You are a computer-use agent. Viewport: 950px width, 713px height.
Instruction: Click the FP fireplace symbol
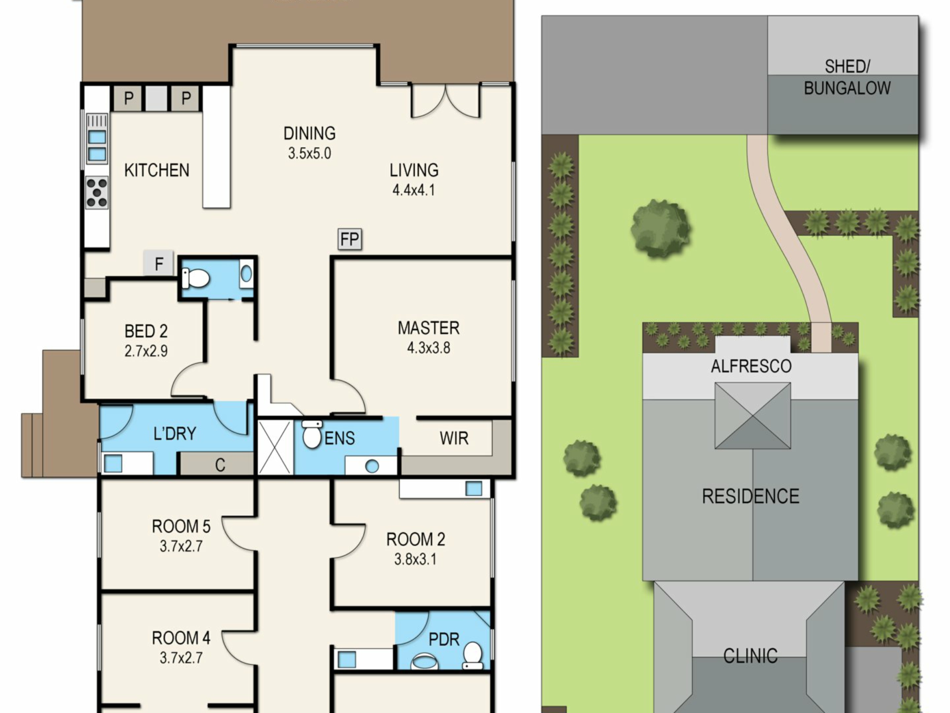[x=350, y=239]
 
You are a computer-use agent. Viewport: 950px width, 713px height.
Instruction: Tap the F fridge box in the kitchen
[x=158, y=263]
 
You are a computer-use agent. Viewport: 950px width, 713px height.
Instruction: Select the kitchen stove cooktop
[x=97, y=193]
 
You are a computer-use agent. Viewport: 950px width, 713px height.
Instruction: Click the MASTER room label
[x=428, y=328]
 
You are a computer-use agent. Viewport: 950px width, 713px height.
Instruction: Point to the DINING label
[x=309, y=133]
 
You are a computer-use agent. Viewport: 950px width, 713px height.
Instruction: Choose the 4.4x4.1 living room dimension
[x=414, y=190]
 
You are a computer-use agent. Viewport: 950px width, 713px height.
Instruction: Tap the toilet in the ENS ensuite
[x=312, y=434]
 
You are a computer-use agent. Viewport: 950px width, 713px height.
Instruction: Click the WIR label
[x=454, y=438]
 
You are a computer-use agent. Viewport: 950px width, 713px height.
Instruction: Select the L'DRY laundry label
[x=175, y=434]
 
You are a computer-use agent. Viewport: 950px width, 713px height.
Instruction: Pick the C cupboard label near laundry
[x=220, y=465]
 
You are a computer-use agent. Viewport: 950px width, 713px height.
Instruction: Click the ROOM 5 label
[x=181, y=526]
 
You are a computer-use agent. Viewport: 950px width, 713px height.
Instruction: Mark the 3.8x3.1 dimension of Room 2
[x=415, y=560]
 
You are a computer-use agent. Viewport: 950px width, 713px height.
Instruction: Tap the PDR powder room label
[x=444, y=640]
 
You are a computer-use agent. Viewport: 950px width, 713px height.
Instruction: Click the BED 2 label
[x=146, y=331]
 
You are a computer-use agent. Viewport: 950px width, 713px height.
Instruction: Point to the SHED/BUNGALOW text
[x=847, y=77]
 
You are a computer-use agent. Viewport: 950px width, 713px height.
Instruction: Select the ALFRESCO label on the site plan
[x=751, y=366]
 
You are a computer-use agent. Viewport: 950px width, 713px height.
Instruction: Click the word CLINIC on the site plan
[x=750, y=656]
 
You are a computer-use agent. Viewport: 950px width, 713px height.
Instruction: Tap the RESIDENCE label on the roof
[x=751, y=496]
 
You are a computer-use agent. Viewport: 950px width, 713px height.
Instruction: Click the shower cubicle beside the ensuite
[x=276, y=448]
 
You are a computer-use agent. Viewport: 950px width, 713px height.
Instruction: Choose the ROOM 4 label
[x=181, y=638]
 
